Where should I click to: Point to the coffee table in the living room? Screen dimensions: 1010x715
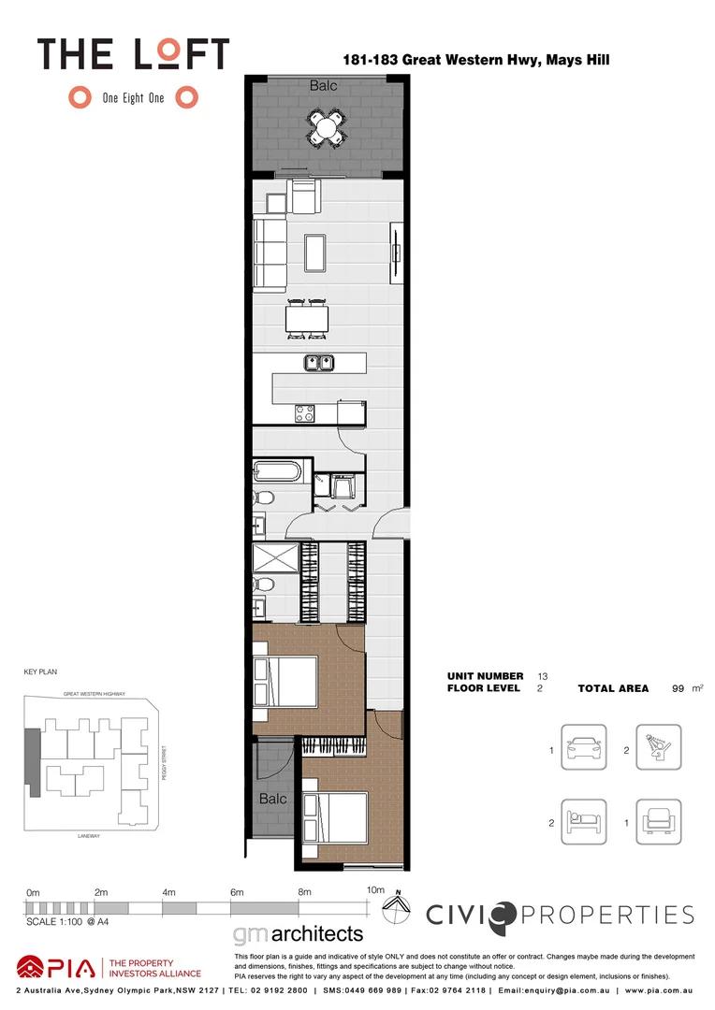[x=314, y=251]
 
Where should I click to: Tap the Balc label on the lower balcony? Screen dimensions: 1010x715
[x=272, y=799]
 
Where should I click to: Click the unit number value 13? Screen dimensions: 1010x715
[x=542, y=675]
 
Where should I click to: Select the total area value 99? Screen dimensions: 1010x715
[x=678, y=688]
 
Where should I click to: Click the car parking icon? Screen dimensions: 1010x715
[x=583, y=749]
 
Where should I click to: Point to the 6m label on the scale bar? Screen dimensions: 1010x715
[x=237, y=892]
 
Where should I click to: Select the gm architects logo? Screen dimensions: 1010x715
[x=297, y=934]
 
